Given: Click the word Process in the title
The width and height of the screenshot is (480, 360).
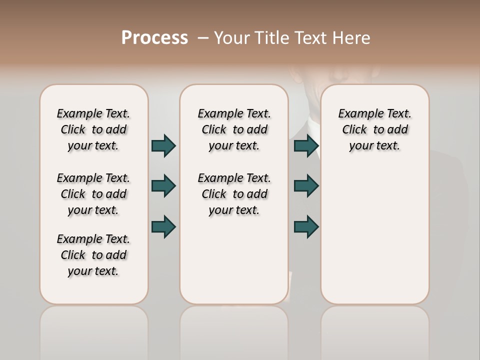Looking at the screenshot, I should [154, 38].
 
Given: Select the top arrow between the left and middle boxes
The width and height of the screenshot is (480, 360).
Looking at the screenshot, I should [163, 145].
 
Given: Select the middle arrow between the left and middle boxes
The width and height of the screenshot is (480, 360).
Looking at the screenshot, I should [163, 186].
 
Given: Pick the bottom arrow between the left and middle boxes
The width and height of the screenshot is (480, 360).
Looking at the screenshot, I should [163, 226].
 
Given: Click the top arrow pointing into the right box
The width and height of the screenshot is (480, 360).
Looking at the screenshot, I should [306, 145].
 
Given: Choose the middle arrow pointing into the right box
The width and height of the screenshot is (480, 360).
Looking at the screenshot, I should [306, 186].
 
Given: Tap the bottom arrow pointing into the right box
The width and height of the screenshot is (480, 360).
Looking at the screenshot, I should [306, 226].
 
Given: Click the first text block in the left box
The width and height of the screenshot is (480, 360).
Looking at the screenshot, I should [93, 129].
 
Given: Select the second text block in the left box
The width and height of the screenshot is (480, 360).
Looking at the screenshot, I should [93, 194].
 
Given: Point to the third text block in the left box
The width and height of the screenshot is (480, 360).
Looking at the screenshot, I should [93, 255].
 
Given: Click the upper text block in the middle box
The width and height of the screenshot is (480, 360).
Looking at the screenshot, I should [234, 129].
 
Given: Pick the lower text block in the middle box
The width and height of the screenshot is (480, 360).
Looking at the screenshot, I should [234, 194].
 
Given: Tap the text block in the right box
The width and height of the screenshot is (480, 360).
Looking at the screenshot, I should [374, 129].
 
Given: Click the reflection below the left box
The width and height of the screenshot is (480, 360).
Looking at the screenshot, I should [94, 330].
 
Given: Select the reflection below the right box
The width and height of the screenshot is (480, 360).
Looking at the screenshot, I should [374, 330].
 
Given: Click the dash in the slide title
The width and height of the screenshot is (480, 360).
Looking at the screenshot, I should [202, 38].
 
